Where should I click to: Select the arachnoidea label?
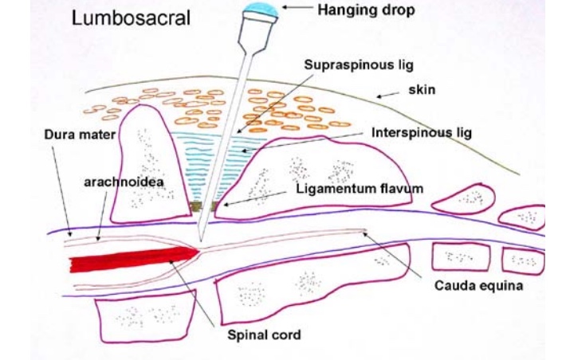[112, 182]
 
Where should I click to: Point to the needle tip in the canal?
[200, 240]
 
